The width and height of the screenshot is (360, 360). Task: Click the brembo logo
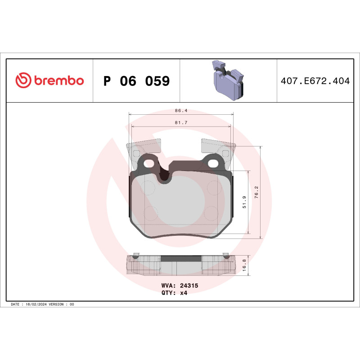point(49,81)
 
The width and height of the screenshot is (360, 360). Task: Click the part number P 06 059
point(136,81)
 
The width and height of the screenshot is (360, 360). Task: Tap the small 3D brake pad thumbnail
point(228,80)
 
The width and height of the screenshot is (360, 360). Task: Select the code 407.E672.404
point(315,81)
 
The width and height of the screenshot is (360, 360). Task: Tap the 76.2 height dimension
point(256,192)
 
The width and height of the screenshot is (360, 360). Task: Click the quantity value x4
point(183,292)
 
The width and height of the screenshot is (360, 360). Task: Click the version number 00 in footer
point(72,305)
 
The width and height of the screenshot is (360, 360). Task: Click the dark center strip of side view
point(180,259)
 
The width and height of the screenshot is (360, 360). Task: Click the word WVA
point(167,286)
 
